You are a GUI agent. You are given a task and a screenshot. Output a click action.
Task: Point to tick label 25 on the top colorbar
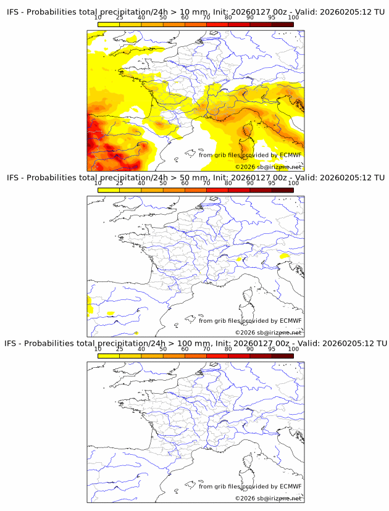coord(120,18)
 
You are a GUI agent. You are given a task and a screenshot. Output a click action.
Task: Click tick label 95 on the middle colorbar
coord(272,183)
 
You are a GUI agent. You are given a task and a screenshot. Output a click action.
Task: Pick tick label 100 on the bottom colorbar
coord(293,349)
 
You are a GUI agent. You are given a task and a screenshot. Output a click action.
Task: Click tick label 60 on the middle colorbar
coord(185,183)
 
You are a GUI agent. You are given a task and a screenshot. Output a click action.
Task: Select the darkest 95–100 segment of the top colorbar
coord(282,24)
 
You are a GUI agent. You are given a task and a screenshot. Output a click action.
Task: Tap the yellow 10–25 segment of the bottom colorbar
coord(109,355)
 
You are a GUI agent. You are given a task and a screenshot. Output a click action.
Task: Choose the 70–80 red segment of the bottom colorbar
coord(217,355)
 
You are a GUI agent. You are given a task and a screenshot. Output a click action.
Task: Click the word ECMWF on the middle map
coord(290,321)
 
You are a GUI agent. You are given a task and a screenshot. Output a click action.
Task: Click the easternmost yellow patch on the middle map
coord(285,255)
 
